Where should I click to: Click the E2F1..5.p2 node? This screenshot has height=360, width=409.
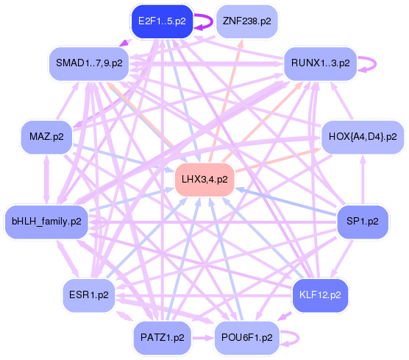point(163,21)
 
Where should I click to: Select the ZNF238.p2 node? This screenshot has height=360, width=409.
point(246,21)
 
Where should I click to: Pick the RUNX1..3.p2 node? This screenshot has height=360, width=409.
point(319,63)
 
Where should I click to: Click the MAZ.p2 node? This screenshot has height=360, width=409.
point(46,137)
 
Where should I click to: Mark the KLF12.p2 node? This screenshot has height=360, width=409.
point(320,295)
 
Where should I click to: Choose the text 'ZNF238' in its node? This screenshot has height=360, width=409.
point(241,21)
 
